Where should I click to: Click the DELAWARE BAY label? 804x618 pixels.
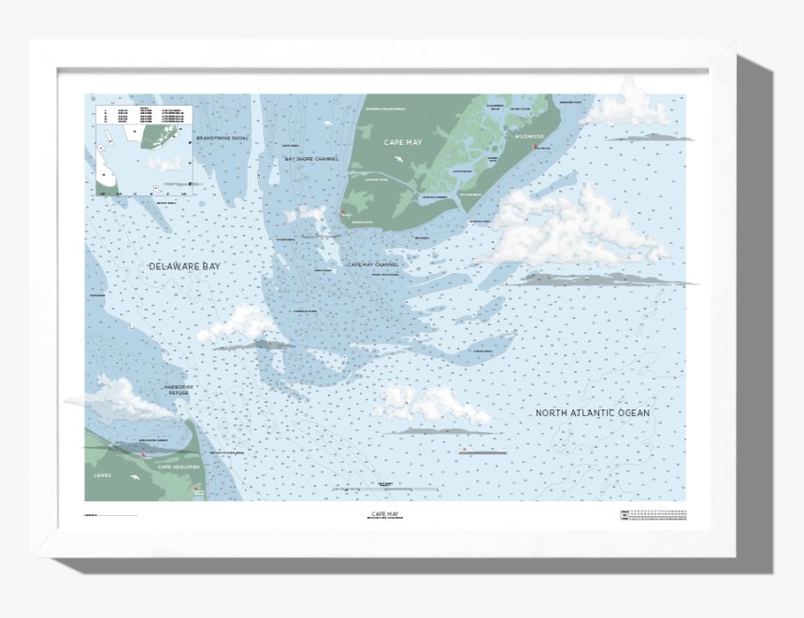[x=185, y=266]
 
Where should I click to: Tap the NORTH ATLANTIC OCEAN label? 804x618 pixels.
[x=592, y=412]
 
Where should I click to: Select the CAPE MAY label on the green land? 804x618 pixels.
[x=403, y=143]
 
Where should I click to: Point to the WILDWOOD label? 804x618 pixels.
[x=529, y=137]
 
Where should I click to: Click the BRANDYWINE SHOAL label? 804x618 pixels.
[x=223, y=138]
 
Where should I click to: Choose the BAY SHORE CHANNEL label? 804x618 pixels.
[x=311, y=159]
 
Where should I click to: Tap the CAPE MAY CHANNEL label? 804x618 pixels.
[x=373, y=265]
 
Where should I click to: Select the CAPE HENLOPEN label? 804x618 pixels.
[x=178, y=466]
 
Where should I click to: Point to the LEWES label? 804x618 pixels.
[x=102, y=475]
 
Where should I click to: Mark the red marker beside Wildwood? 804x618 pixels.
[x=536, y=146]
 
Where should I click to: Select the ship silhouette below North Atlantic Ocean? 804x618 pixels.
[x=482, y=452]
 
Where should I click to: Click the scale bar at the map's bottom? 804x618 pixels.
[x=385, y=488]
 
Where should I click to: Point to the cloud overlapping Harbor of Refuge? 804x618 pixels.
[x=117, y=397]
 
